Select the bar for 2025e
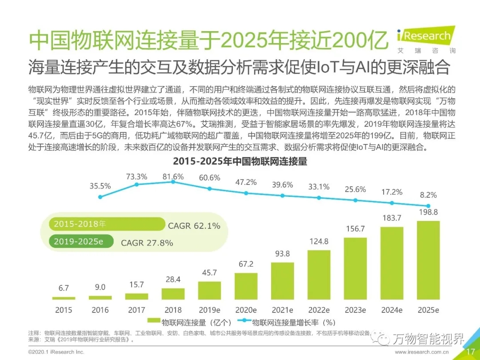coord(428,260)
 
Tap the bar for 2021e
coord(282,281)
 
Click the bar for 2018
coord(173,294)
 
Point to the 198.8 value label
coord(428,212)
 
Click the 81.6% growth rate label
coord(173,176)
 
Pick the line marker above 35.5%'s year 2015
coord(100,197)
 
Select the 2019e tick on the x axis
coord(209,310)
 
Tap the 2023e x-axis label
coord(355,310)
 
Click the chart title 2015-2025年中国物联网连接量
coord(240,161)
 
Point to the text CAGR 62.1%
coord(194,226)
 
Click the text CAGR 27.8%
coord(147,243)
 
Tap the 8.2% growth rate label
coord(428,195)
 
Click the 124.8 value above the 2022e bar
coord(319,241)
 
